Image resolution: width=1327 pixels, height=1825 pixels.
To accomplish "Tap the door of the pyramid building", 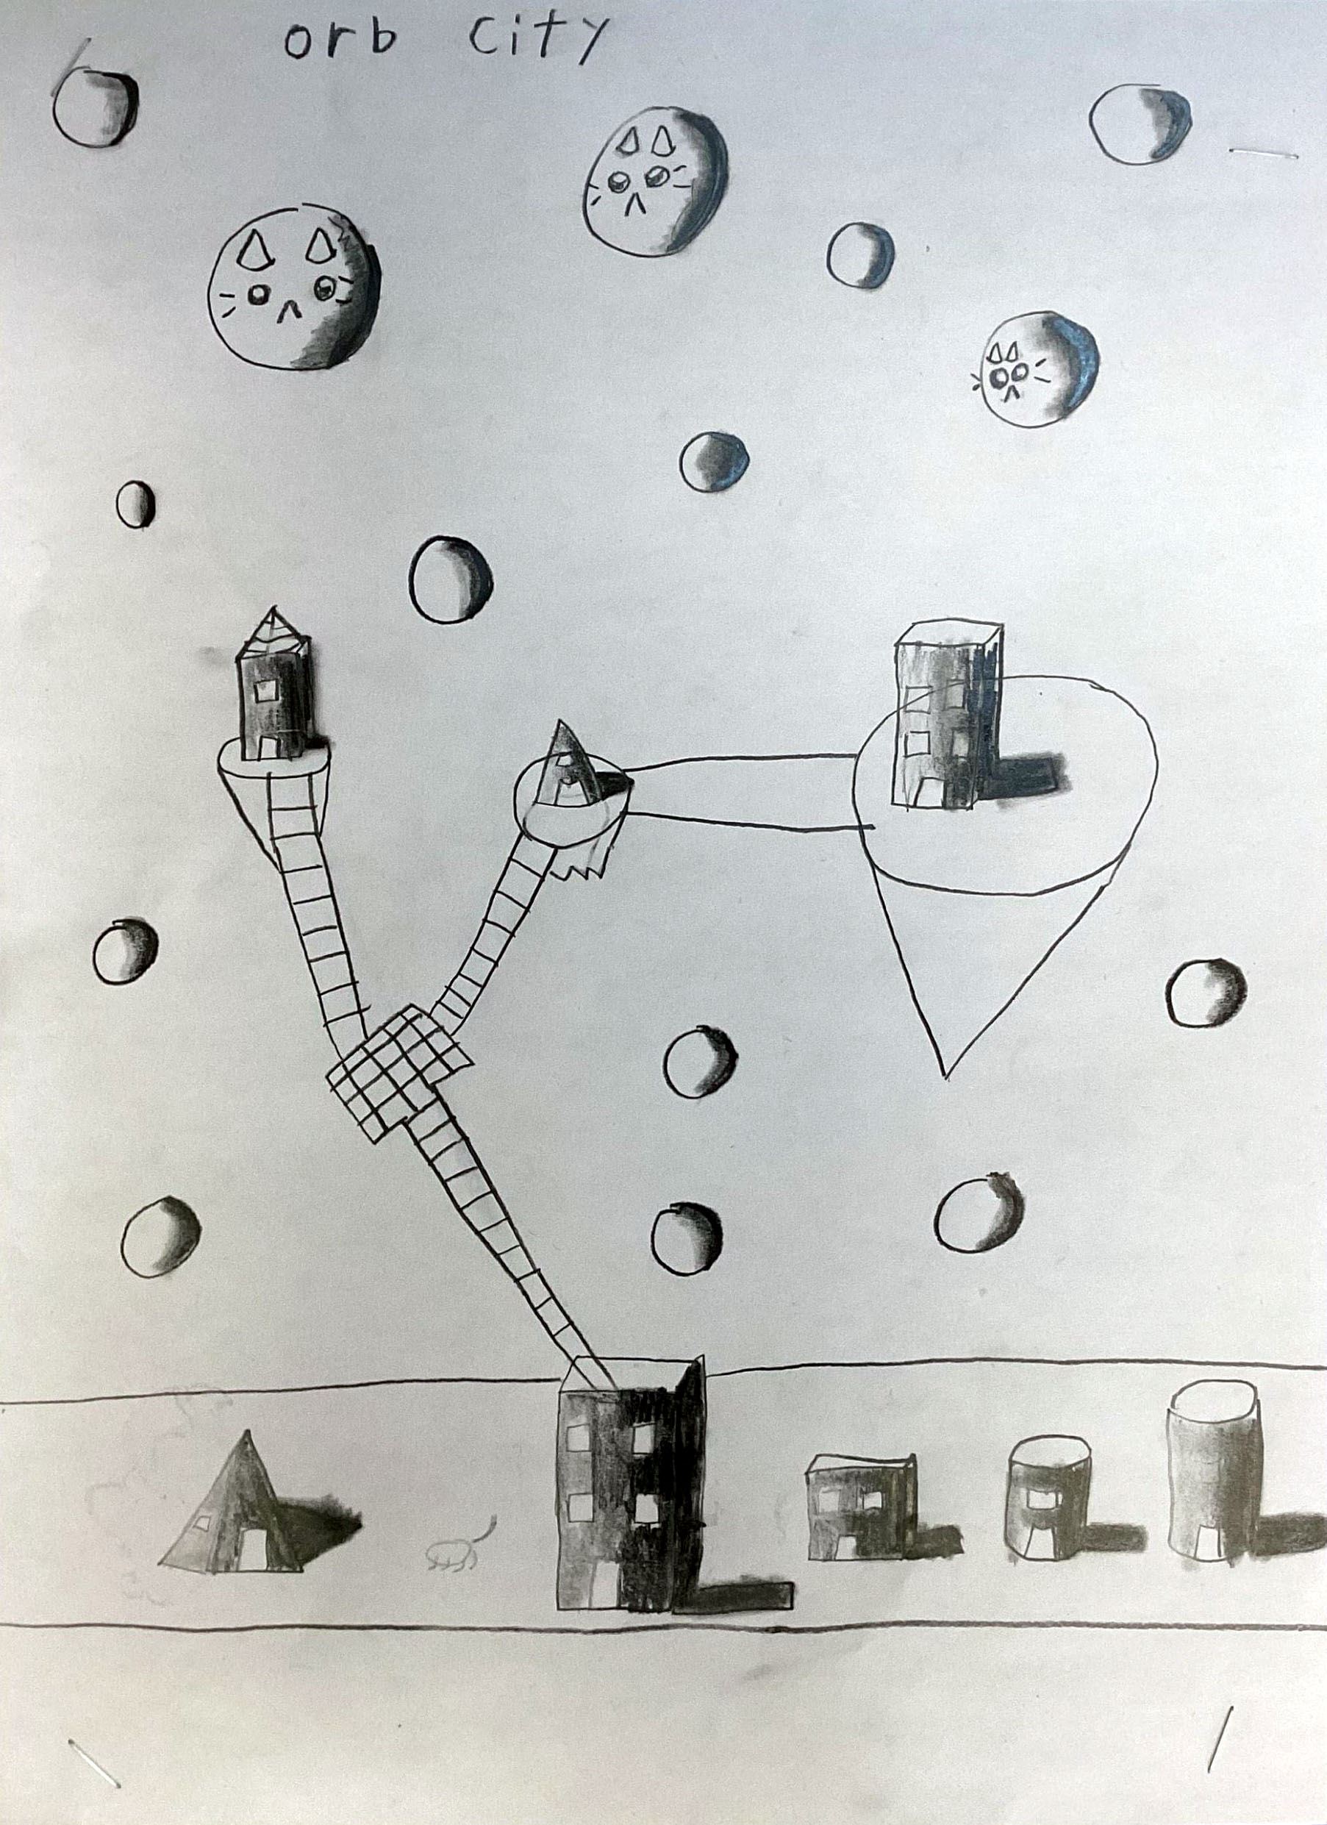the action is tap(257, 1547).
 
